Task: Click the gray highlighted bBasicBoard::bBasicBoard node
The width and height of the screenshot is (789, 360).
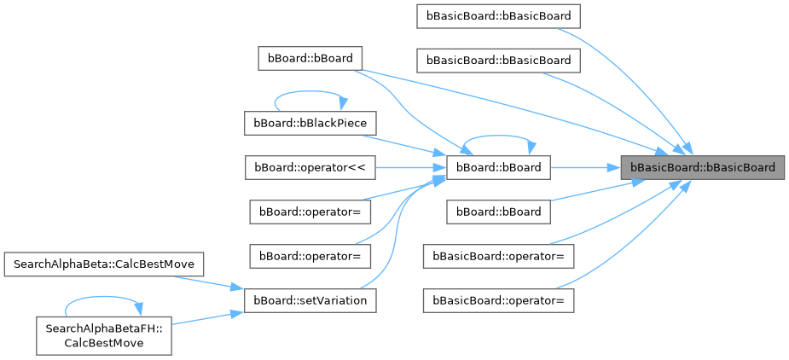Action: click(702, 167)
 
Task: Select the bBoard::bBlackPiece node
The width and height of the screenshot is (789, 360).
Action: click(305, 123)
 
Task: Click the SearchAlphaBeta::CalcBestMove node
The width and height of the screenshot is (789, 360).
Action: click(104, 264)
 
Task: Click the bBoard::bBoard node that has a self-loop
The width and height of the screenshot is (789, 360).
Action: click(499, 167)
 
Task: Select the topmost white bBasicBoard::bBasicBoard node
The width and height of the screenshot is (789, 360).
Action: click(498, 16)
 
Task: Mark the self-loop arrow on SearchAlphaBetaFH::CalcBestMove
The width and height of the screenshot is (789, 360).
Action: click(102, 299)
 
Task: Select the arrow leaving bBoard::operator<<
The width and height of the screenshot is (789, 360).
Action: click(409, 167)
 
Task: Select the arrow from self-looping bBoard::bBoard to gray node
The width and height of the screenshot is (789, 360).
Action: click(584, 167)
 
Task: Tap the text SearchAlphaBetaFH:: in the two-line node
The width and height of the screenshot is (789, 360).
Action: click(104, 327)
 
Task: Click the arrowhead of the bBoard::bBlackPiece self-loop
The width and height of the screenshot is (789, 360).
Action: click(340, 106)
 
